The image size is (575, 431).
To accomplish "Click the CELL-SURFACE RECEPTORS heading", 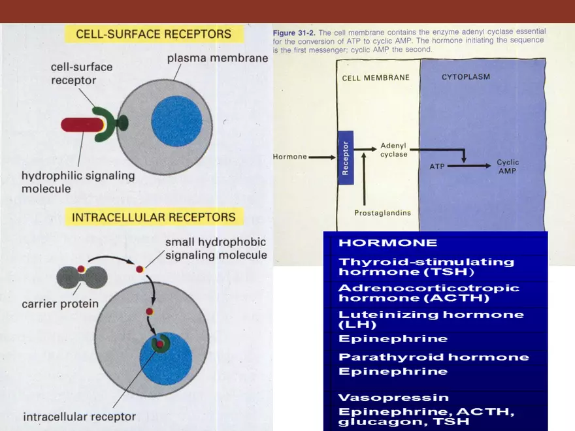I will [154, 34].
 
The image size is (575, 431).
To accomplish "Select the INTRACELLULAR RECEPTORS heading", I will [154, 217].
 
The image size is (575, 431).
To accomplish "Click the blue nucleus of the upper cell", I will [176, 121].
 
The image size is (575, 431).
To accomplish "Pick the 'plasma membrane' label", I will [217, 58].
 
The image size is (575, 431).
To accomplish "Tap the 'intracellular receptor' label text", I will [80, 416].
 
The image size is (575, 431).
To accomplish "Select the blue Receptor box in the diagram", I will [346, 157].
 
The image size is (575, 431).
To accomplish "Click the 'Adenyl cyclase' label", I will [393, 150].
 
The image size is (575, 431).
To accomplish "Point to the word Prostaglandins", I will [382, 213].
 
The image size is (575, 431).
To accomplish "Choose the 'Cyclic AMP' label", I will [508, 166].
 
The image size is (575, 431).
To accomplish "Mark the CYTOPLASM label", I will [465, 76].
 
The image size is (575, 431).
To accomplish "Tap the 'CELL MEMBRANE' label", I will [376, 77].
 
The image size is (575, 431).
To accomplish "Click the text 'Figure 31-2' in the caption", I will [293, 31].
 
